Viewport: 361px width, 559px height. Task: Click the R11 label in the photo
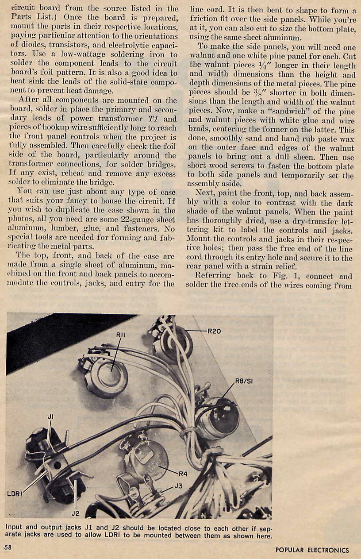click(121, 335)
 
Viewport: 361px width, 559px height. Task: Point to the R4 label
click(183, 474)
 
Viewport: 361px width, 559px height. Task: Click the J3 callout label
click(178, 486)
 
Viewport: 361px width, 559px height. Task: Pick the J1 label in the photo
click(50, 416)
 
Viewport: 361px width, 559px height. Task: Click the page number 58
click(8, 547)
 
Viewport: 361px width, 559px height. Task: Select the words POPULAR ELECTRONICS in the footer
click(312, 550)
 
